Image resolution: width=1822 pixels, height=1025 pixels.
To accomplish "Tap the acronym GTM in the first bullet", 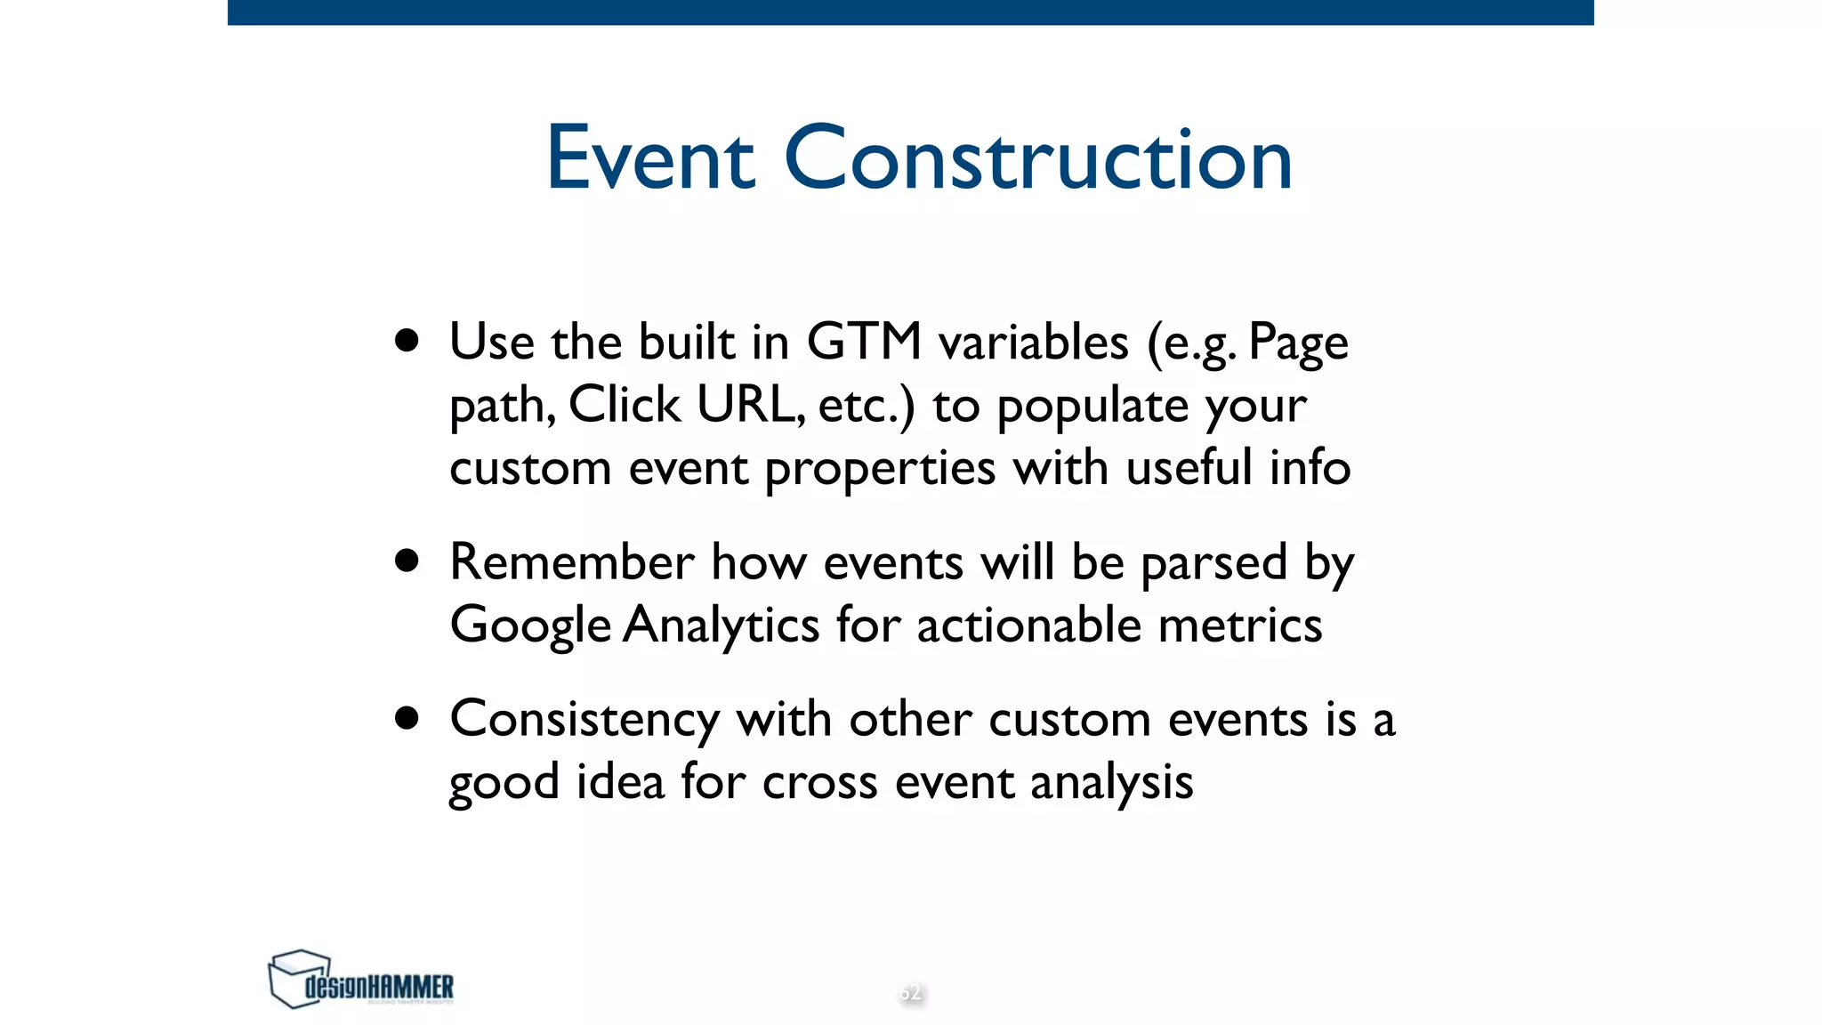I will (x=864, y=342).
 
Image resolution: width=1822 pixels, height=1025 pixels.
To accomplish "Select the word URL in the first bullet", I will (x=748, y=405).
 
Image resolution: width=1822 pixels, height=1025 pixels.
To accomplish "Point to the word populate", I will (x=1092, y=408).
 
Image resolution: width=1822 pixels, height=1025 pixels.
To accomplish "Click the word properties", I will (x=880, y=470).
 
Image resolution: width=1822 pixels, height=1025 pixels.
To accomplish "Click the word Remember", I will (x=571, y=562).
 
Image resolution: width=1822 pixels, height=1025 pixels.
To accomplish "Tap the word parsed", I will (x=1213, y=564).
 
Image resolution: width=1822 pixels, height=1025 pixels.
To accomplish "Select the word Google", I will (x=530, y=626).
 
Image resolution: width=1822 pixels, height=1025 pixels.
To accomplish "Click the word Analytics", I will (x=721, y=626).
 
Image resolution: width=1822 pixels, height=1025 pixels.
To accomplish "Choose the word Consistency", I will (x=584, y=721).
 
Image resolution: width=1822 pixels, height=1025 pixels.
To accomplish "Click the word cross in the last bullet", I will (x=819, y=783).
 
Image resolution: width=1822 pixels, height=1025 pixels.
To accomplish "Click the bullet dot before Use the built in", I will (x=407, y=341).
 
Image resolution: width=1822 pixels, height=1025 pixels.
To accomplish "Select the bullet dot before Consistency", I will (x=407, y=718).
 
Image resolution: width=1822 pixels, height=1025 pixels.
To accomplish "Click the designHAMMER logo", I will (x=360, y=979).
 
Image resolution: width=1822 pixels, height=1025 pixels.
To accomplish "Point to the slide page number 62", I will (x=910, y=992).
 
